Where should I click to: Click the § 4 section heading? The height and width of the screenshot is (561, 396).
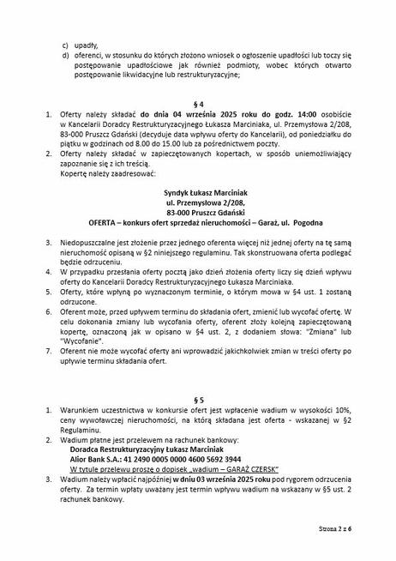tap(199, 100)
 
